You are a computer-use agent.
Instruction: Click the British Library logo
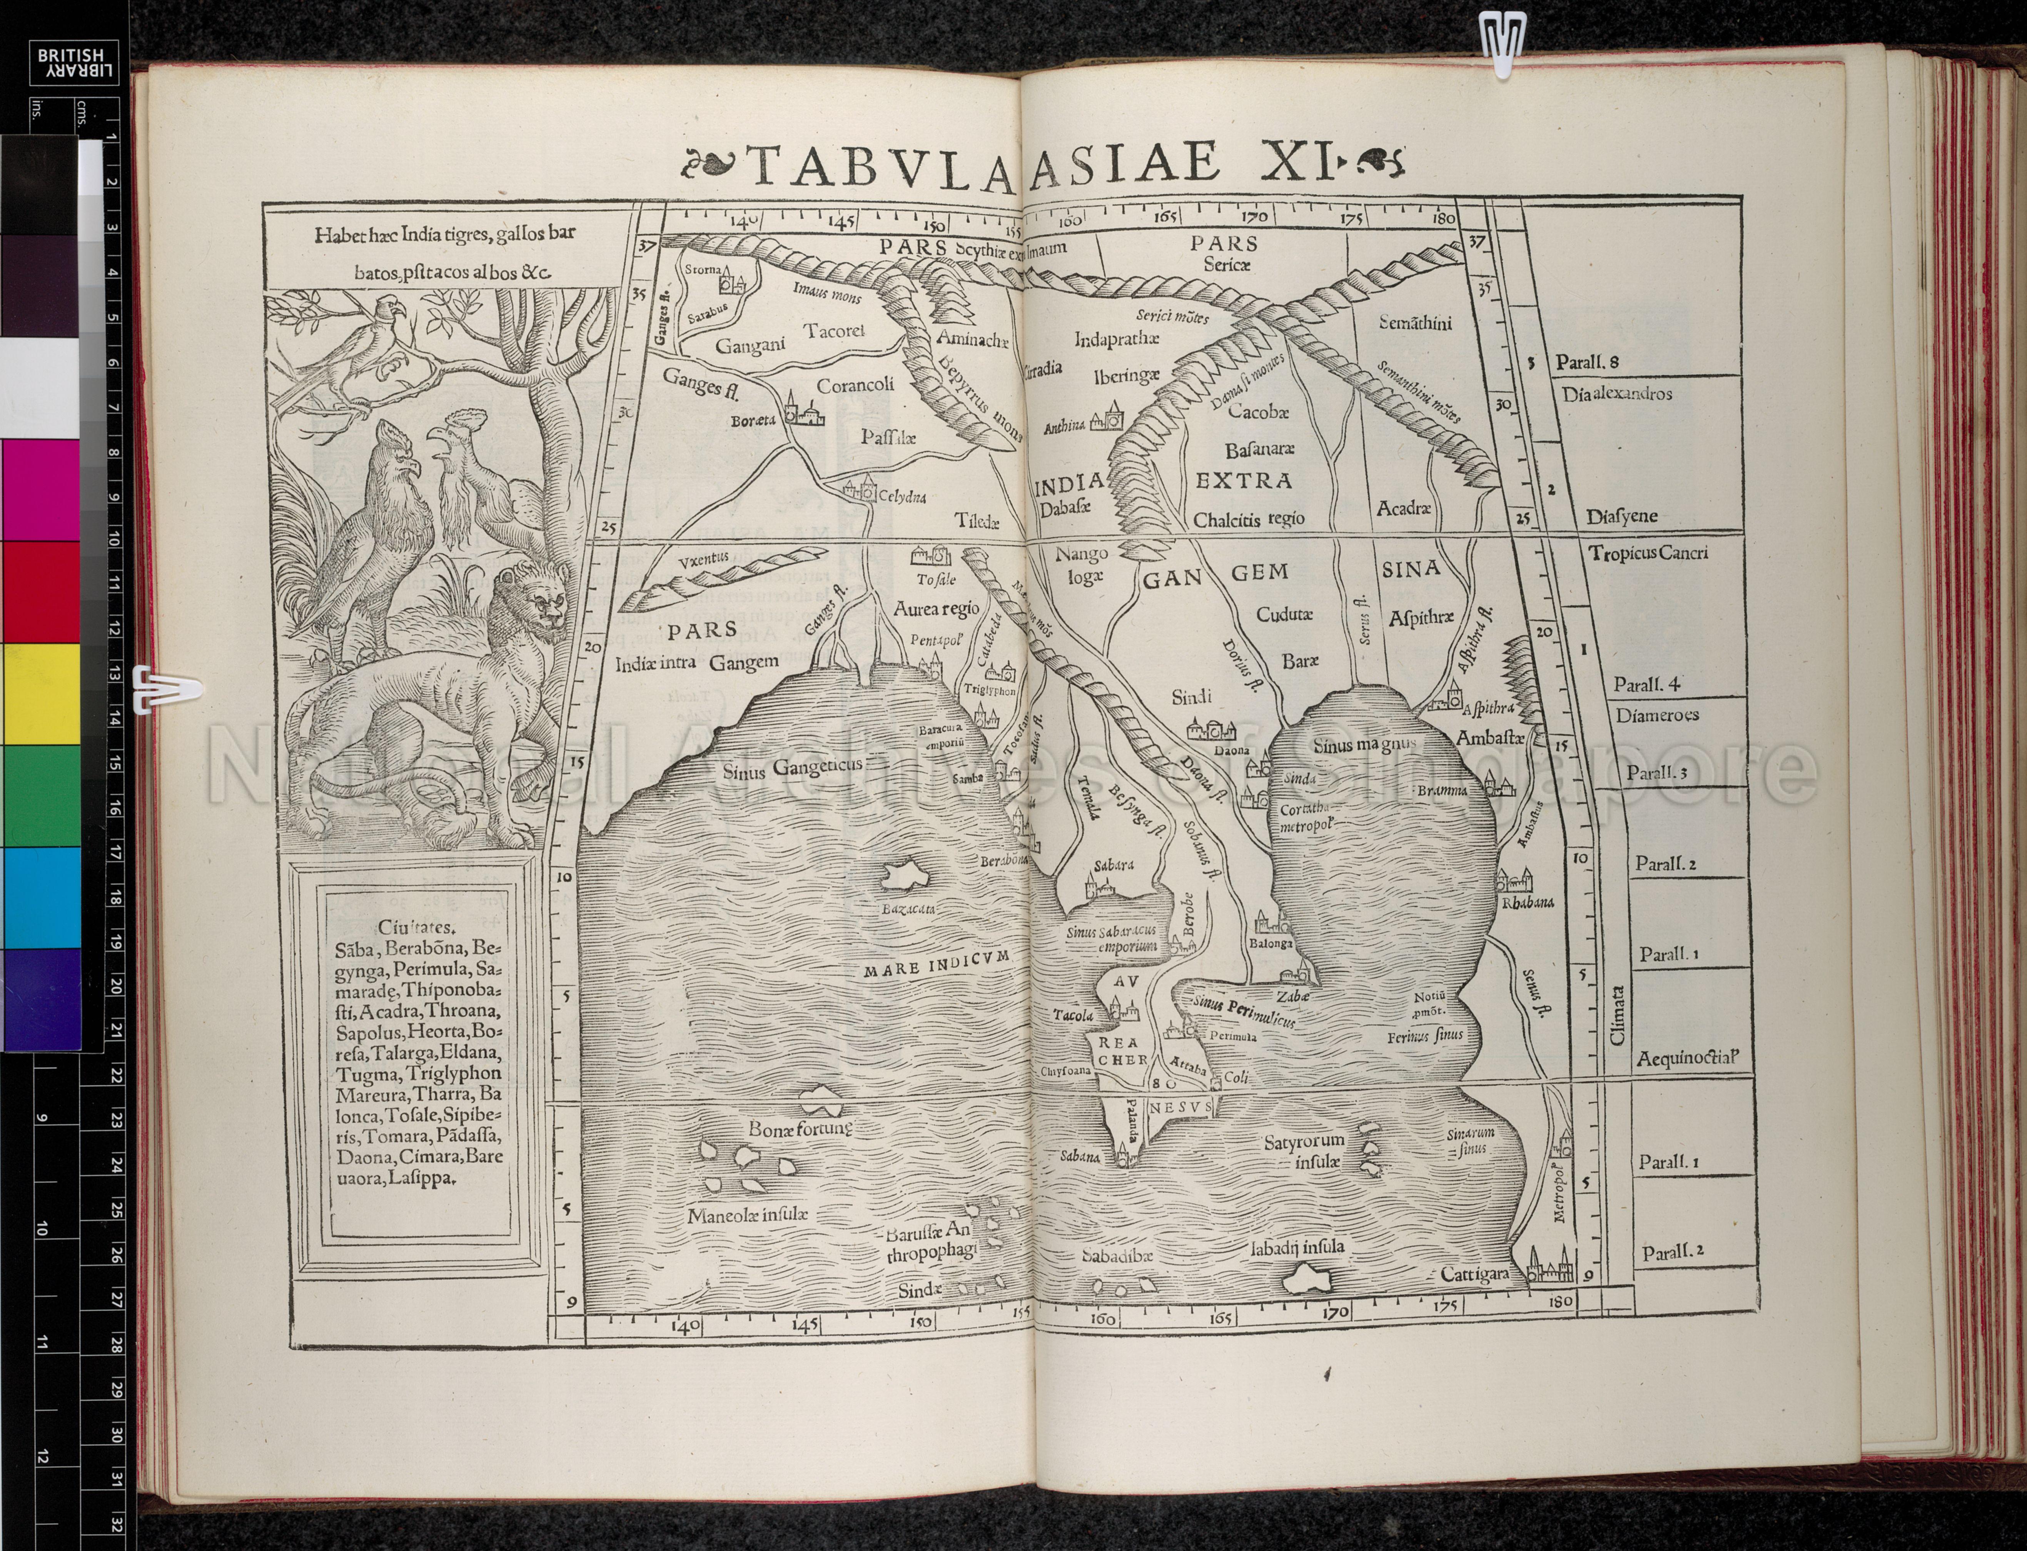[x=78, y=65]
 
